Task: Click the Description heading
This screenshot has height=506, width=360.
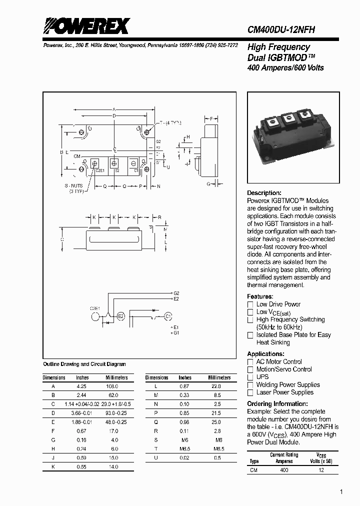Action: point(264,193)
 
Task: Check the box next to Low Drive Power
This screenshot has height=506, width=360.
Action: point(250,304)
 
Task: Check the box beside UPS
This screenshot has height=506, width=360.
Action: point(250,377)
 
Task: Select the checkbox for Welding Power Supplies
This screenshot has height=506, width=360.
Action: point(250,385)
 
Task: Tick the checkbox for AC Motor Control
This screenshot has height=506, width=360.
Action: point(250,362)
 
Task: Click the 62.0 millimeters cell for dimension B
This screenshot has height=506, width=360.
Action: point(112,395)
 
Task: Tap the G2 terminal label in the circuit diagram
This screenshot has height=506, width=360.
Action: point(176,293)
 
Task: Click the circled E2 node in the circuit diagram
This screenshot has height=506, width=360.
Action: point(120,316)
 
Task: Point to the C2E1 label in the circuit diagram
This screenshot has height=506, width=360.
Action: point(95,308)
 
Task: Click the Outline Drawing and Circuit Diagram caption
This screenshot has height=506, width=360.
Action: point(84,364)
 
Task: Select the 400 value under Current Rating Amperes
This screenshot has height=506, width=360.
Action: point(284,470)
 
